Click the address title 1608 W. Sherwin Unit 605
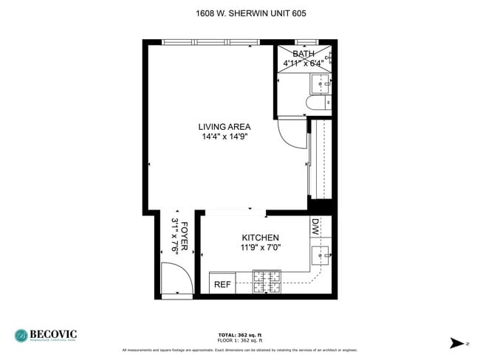click(240, 13)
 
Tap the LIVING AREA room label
click(224, 126)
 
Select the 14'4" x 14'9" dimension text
click(224, 136)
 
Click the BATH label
click(303, 54)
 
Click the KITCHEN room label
click(260, 238)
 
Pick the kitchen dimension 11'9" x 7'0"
click(260, 248)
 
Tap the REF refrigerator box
click(222, 284)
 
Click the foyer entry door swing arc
click(179, 279)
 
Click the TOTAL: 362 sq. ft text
click(240, 335)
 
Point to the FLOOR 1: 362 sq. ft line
click(240, 340)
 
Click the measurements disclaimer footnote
click(240, 350)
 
